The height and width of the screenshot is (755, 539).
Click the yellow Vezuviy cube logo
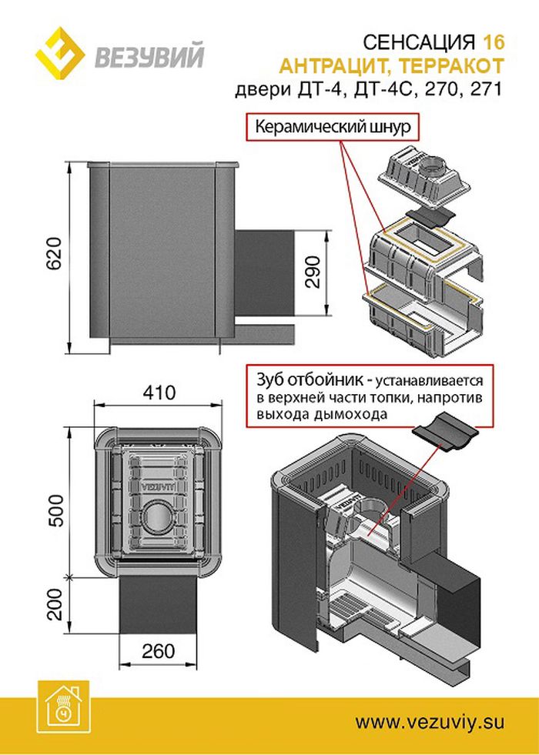tap(60, 55)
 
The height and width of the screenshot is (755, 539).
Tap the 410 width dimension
tap(159, 393)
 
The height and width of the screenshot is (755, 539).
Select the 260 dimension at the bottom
tap(158, 651)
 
